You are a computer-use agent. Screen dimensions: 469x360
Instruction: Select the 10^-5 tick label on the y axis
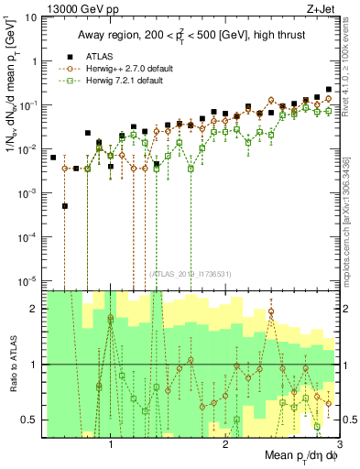(x=27, y=280)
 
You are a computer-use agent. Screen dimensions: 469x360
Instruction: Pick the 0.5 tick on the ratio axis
(x=29, y=420)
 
